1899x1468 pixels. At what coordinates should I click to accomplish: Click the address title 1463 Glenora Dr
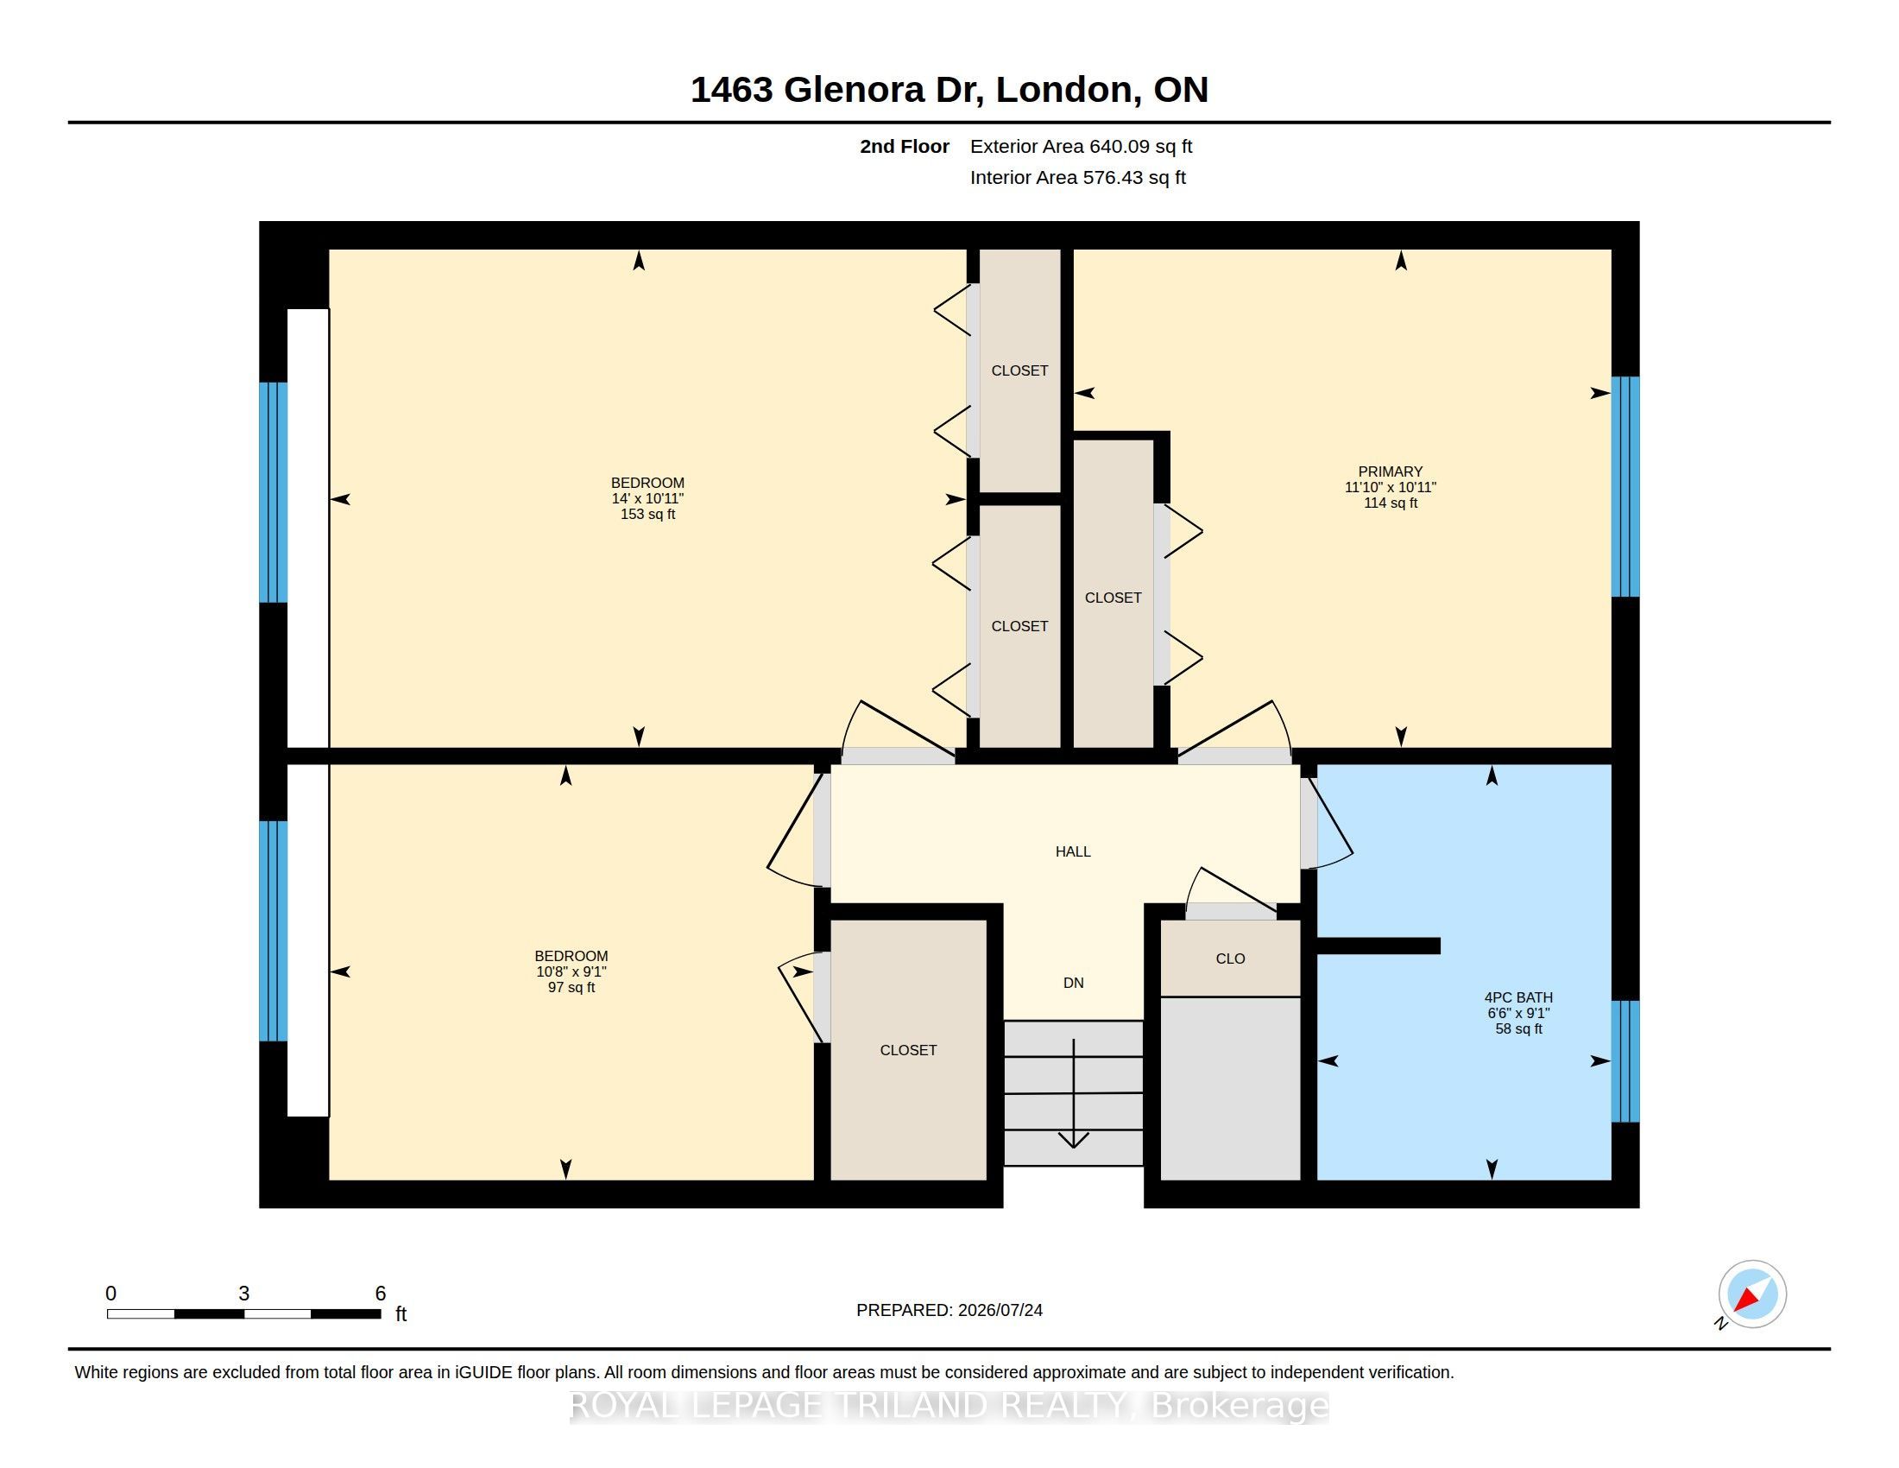[836, 90]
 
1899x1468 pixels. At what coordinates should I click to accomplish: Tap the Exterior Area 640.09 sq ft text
[1081, 147]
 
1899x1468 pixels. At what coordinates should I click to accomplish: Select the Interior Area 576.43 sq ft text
[1077, 178]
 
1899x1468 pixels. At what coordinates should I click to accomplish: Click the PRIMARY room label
[1390, 471]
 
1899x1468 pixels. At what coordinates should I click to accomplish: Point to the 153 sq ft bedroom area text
[647, 514]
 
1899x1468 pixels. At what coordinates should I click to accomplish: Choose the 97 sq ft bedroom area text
[571, 987]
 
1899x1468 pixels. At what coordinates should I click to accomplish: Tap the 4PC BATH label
[1518, 997]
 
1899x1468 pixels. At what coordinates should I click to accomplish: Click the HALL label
[1073, 851]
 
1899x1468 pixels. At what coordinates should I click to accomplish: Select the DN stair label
[1073, 983]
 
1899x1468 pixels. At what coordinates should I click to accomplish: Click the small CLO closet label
[1230, 959]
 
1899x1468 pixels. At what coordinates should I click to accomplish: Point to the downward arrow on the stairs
[1074, 1093]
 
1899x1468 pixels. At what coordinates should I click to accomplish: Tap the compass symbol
[1752, 1294]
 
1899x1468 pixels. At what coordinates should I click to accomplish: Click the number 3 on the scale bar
[244, 1294]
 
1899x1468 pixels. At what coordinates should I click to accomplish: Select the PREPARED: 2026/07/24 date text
[949, 1310]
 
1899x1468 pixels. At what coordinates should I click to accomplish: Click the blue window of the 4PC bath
[1625, 1061]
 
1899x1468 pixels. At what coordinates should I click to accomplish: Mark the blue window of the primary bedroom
[1625, 486]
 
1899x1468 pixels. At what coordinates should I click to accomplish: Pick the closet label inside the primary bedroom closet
[1113, 598]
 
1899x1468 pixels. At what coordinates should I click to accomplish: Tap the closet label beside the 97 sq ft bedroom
[908, 1050]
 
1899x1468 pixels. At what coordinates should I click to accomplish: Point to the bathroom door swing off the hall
[1328, 822]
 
